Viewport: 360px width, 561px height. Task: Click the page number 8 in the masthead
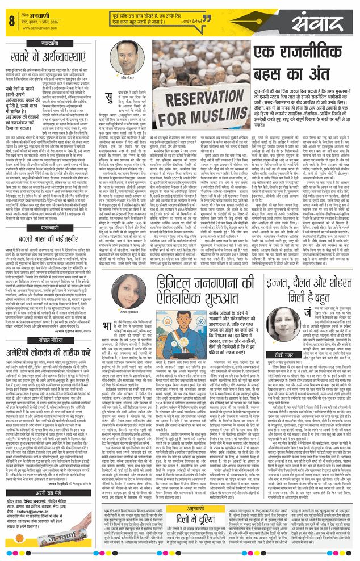(x=11, y=22)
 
